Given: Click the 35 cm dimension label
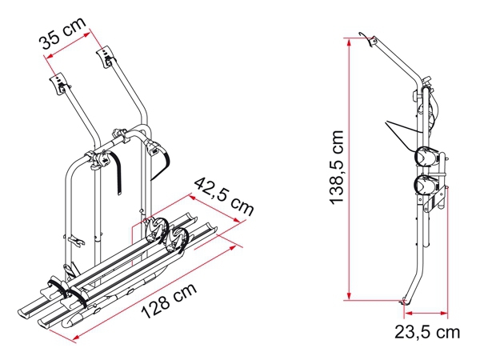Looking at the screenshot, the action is [62, 33].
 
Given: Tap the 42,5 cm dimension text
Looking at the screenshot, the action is [224, 197].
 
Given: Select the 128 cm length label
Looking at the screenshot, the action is [169, 301].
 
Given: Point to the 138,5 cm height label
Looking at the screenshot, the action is [337, 167].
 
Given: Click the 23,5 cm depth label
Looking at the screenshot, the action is [427, 332].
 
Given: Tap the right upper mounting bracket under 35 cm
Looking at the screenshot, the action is [106, 57].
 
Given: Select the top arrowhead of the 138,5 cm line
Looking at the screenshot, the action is [349, 43].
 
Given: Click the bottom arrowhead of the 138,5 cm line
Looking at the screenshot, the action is [349, 295].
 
